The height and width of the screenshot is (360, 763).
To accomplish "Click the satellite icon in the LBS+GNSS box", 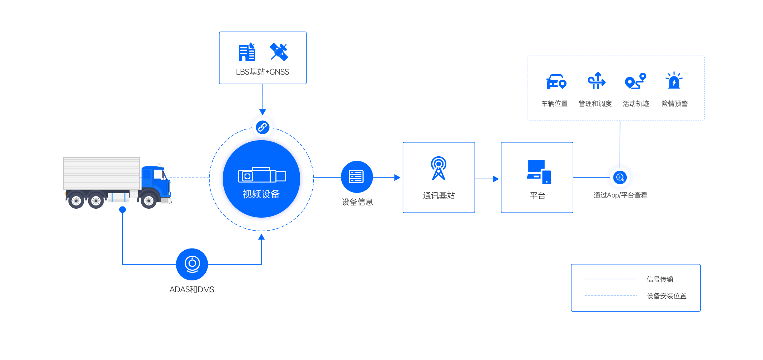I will click(x=279, y=52).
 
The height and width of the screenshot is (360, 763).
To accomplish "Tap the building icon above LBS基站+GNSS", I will click(x=247, y=52).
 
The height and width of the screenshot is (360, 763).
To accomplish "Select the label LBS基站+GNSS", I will click(x=262, y=72).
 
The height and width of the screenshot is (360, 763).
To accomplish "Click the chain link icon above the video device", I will click(x=262, y=127).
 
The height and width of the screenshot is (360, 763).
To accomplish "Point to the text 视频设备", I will click(x=261, y=194).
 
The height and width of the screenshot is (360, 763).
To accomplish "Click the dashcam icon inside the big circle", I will click(x=262, y=175).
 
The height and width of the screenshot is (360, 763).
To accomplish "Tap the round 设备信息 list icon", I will click(x=356, y=177).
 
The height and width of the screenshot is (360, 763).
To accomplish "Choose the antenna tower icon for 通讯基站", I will click(x=439, y=168).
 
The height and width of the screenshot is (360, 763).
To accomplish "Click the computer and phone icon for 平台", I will click(x=538, y=172).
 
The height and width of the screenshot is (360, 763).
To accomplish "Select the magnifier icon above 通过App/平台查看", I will click(x=620, y=177).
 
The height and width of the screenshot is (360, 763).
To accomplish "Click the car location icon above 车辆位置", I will click(x=555, y=82).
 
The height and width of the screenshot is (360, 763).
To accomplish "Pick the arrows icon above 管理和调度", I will click(x=596, y=81).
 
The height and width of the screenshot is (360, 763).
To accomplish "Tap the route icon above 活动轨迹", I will click(x=635, y=81).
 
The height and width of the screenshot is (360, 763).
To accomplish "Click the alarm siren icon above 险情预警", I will click(x=674, y=81).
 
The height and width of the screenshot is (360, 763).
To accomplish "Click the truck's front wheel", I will click(x=148, y=201).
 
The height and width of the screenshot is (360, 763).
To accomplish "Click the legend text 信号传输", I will click(x=660, y=279).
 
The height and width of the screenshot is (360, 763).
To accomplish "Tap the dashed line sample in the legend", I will click(x=610, y=296).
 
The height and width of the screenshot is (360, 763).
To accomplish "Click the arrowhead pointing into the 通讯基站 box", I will click(x=397, y=177).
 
